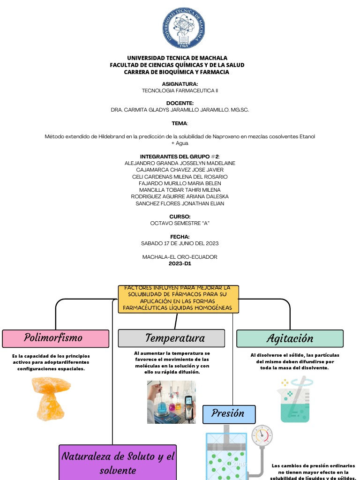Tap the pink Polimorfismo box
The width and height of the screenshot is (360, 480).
[56, 338]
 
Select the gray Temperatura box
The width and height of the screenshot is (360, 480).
[172, 338]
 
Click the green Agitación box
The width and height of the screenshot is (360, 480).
[290, 338]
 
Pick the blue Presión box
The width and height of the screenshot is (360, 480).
[229, 414]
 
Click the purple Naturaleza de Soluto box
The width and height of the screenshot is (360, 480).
[118, 463]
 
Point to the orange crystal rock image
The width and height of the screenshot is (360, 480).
[51, 398]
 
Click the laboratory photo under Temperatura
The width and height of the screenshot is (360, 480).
[171, 402]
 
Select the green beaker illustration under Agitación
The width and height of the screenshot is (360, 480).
[294, 400]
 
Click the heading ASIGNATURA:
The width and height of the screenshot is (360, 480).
[180, 84]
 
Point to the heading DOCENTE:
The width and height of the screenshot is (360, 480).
[180, 103]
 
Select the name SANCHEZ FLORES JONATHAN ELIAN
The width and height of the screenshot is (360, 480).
[180, 203]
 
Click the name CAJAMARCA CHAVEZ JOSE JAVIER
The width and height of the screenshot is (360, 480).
[180, 170]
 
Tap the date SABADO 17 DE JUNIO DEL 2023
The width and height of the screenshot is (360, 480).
[180, 243]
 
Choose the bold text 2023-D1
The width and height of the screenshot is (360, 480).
[180, 263]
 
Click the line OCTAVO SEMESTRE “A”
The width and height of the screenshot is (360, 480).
[180, 223]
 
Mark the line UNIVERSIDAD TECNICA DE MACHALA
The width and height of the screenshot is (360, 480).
[177, 58]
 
